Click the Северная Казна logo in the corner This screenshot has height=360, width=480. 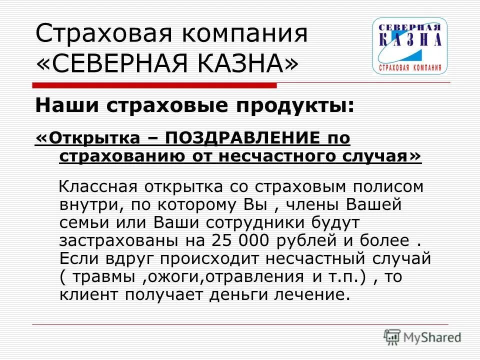409,46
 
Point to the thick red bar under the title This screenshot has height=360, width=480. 155,85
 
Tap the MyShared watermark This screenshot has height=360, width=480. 423,337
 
